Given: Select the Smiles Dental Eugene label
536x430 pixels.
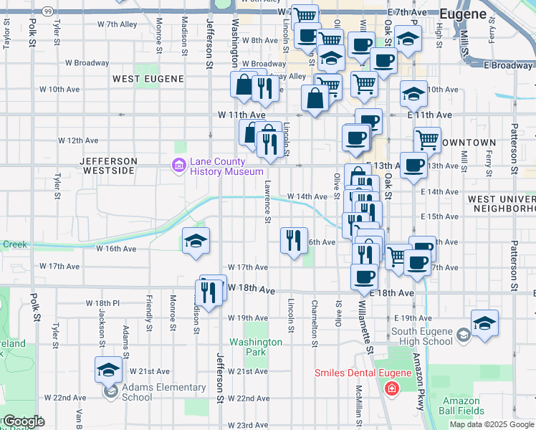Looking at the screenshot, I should tap(364, 373).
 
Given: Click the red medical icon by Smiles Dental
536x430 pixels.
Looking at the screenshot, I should tap(391, 389).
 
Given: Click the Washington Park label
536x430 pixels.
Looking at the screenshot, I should tap(255, 348).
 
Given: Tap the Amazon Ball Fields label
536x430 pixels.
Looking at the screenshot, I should tap(460, 406).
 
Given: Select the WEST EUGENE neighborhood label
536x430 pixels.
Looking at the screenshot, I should tap(148, 79).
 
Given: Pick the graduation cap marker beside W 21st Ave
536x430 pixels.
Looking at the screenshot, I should tap(109, 369).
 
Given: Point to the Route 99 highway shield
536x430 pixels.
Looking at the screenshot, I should tap(47, 11).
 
